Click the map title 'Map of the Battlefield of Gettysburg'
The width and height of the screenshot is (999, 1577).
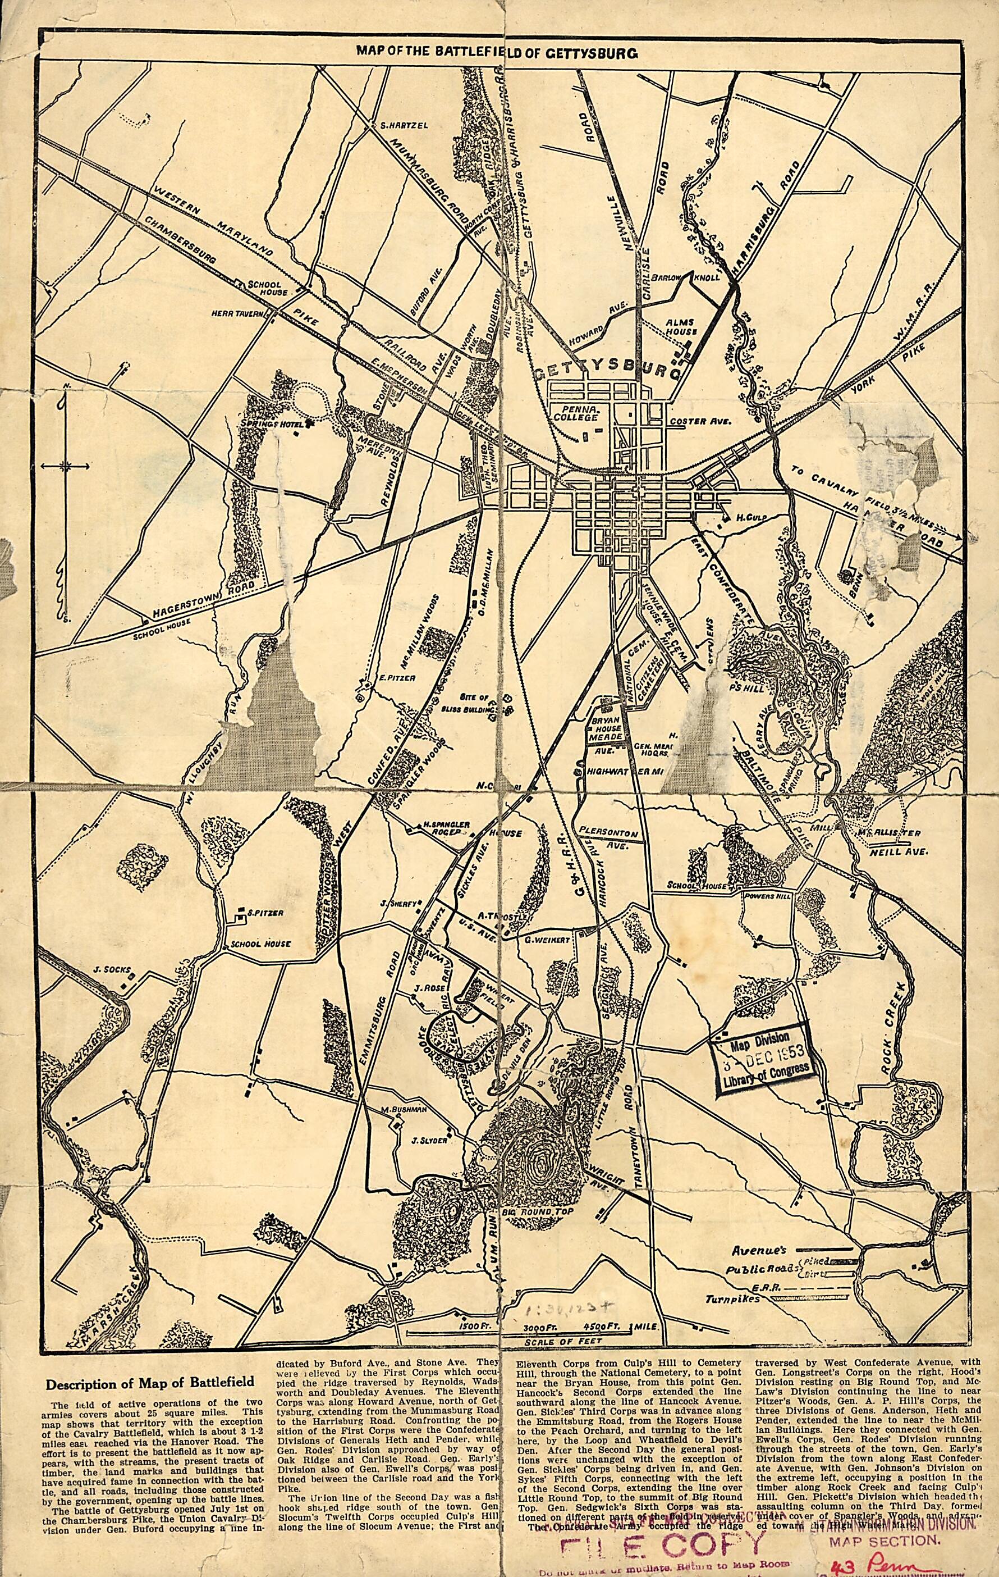pyautogui.click(x=496, y=52)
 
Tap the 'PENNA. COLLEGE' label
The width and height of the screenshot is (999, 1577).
pyautogui.click(x=575, y=413)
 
